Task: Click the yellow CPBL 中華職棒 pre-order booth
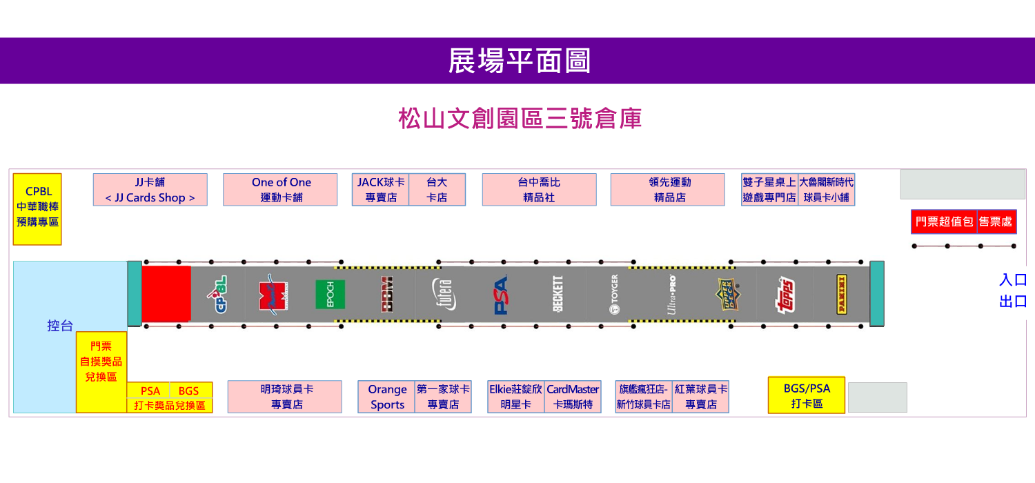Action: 37,208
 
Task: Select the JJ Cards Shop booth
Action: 150,190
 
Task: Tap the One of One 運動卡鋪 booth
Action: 280,190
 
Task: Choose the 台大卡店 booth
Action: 437,190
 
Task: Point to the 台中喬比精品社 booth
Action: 539,190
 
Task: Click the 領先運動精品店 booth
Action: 667,190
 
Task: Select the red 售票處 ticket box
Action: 996,221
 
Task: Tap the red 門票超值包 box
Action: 944,221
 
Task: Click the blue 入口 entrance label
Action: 1013,280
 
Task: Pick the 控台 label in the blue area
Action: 60,326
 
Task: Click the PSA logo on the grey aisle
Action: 501,295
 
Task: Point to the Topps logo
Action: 785,295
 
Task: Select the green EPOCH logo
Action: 330,295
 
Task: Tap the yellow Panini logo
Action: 842,295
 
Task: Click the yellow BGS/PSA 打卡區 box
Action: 806,395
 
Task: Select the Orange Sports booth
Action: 386,397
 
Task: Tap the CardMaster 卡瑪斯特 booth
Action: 573,397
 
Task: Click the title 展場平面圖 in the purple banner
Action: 519,61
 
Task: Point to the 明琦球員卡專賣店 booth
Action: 284,397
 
